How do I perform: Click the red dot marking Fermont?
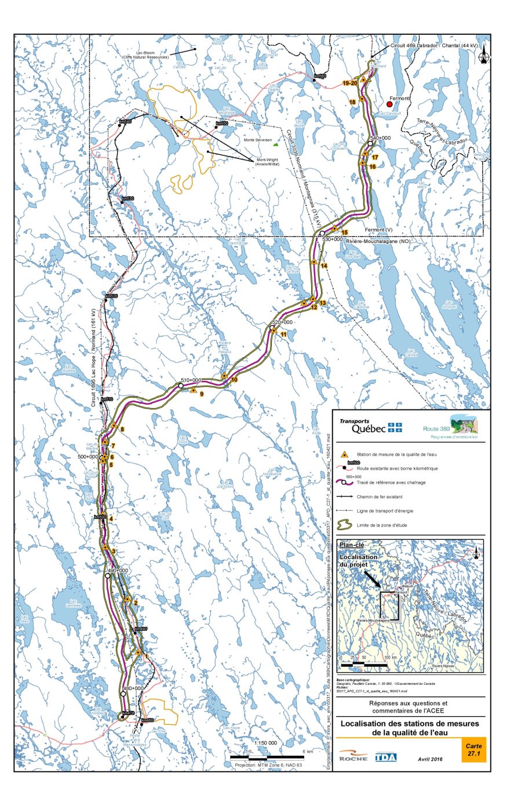pyautogui.click(x=389, y=105)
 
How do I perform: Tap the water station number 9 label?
pyautogui.click(x=201, y=394)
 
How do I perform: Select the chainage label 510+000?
pyautogui.click(x=191, y=379)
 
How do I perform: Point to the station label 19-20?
pyautogui.click(x=349, y=84)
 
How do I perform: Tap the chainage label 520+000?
pyautogui.click(x=282, y=322)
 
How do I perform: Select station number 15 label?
pyautogui.click(x=344, y=233)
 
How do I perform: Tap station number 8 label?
pyautogui.click(x=122, y=429)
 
